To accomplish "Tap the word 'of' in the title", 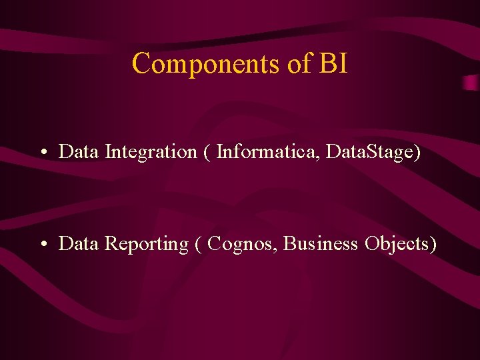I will [298, 64].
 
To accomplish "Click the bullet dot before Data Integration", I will [42, 153].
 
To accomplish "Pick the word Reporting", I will [147, 245].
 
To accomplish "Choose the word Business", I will [321, 244].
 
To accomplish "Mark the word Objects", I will [398, 245].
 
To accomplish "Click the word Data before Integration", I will [79, 151].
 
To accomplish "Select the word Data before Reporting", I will [79, 244].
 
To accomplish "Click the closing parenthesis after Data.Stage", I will [417, 152].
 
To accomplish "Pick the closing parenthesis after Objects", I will [434, 245].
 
